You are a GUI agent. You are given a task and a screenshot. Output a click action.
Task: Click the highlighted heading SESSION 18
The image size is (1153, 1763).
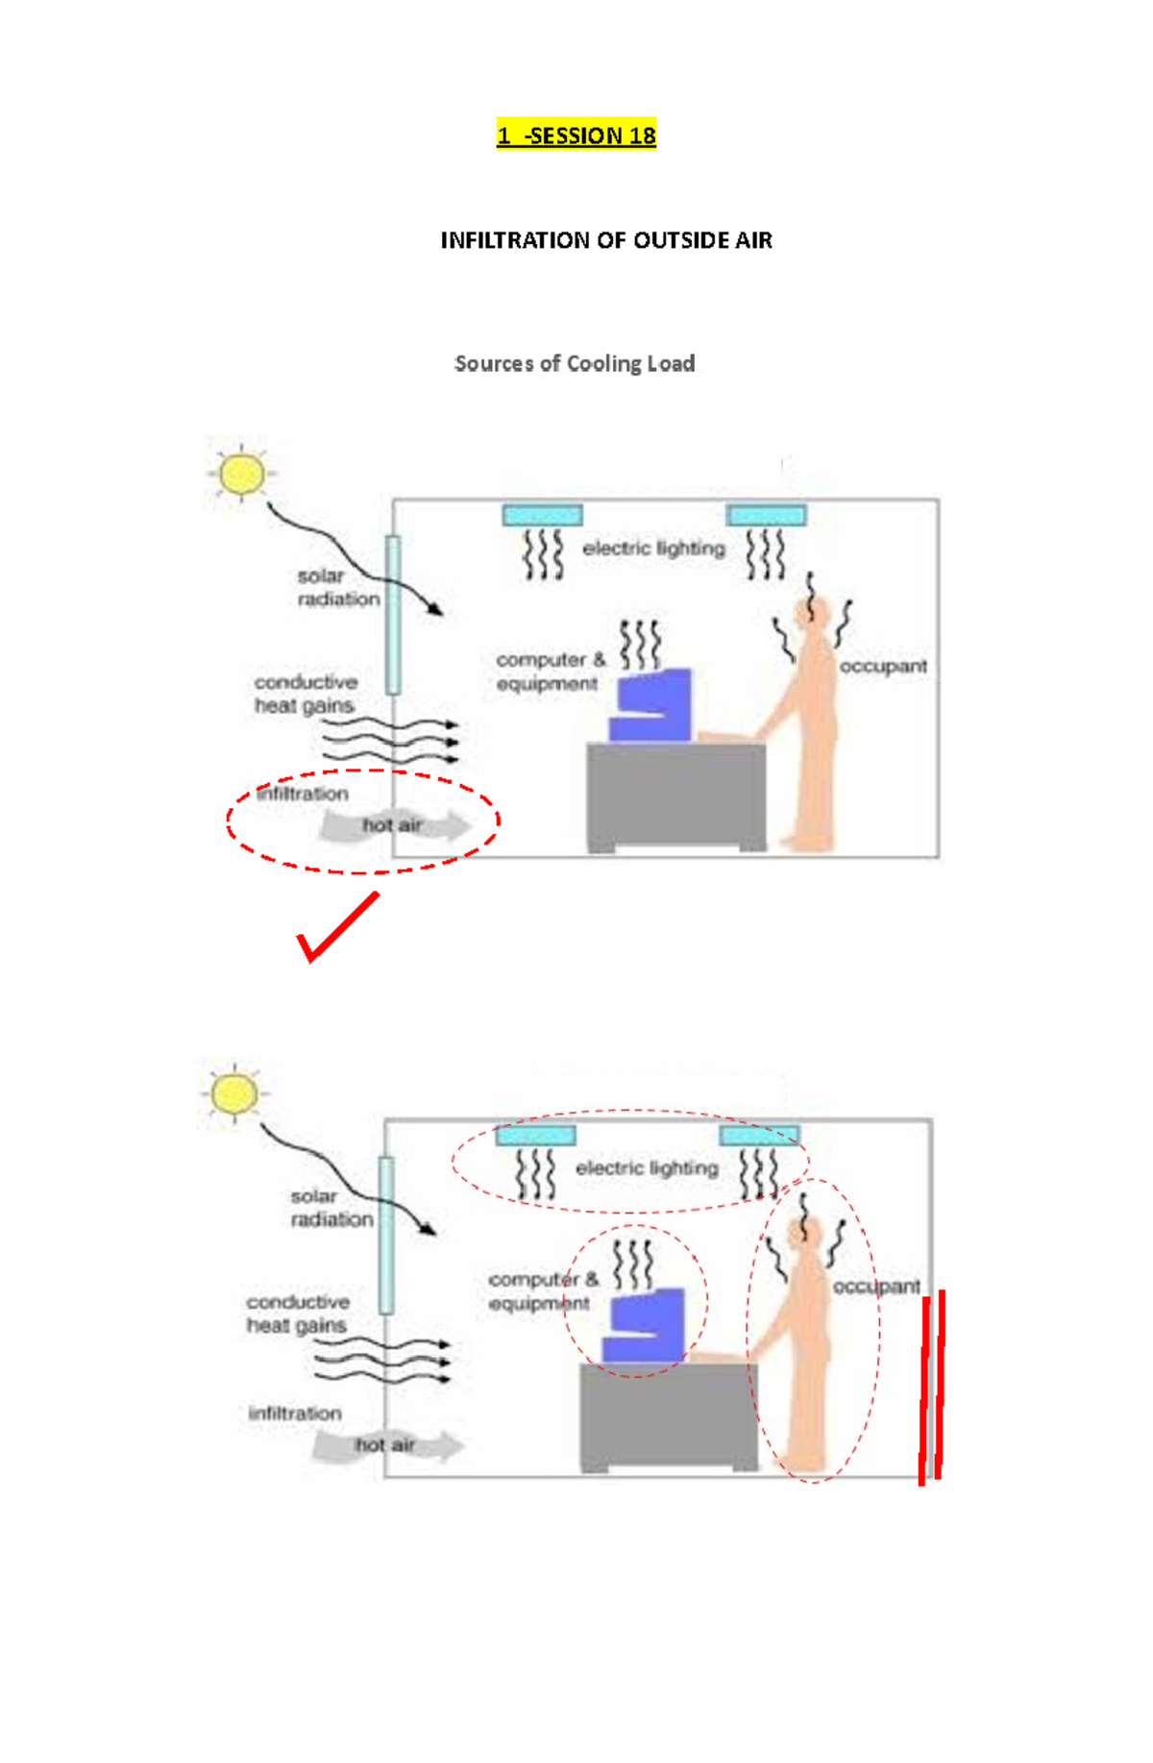[x=576, y=135]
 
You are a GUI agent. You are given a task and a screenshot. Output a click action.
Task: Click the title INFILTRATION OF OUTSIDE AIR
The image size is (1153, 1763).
[x=605, y=240]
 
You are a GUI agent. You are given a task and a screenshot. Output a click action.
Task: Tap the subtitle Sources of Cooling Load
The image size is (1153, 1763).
[x=574, y=363]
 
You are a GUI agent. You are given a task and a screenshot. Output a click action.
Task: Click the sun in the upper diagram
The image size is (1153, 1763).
[x=241, y=474]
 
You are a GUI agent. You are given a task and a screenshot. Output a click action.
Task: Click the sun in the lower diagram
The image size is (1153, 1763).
[x=234, y=1093]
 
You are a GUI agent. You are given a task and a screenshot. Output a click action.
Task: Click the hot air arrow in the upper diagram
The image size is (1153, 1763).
[x=394, y=826]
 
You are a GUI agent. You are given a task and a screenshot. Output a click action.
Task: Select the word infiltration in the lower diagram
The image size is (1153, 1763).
[x=295, y=1413]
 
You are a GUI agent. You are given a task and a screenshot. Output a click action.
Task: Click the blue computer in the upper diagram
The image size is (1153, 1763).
[x=652, y=706]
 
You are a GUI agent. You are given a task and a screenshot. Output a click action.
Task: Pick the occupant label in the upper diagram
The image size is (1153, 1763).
[x=883, y=666]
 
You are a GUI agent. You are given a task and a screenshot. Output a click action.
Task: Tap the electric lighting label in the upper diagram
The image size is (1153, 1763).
[x=653, y=548]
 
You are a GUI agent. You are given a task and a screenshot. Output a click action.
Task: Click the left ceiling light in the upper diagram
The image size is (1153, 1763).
[x=542, y=515]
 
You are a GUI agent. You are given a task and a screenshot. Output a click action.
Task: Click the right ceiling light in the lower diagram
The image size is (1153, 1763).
[x=759, y=1136]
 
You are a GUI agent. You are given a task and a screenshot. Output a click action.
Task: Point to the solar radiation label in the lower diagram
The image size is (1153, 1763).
[x=331, y=1208]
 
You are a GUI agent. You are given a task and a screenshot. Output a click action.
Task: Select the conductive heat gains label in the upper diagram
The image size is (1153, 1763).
[x=305, y=694]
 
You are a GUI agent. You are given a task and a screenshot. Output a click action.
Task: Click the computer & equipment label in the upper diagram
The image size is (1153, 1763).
[x=549, y=672]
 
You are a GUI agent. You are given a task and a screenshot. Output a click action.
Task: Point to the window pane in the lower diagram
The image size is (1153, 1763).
[x=386, y=1235]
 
